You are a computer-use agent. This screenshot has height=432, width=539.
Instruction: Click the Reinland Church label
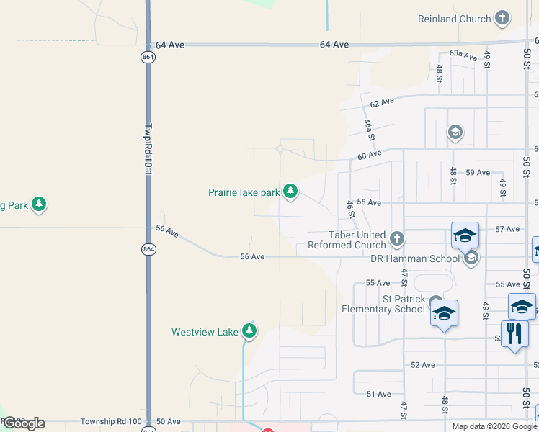(x=454, y=18)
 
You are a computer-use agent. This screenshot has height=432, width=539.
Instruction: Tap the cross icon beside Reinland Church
(x=502, y=18)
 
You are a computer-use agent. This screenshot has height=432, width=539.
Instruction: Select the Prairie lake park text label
(x=244, y=192)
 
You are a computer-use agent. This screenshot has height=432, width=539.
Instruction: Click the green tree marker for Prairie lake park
(x=290, y=192)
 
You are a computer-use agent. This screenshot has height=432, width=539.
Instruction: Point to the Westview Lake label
(x=205, y=332)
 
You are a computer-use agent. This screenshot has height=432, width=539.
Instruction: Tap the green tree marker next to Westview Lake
(x=249, y=331)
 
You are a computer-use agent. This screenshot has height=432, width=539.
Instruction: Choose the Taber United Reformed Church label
(x=347, y=240)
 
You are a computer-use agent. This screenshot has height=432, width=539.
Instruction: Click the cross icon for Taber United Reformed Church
(x=396, y=238)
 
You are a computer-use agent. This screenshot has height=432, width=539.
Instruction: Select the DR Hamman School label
(x=414, y=259)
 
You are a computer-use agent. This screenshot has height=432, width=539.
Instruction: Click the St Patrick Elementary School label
(x=383, y=304)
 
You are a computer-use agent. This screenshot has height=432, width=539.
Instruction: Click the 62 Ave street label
(x=382, y=102)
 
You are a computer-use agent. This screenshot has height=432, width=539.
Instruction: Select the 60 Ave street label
(x=369, y=155)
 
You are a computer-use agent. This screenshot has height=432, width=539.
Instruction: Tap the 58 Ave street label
(x=369, y=204)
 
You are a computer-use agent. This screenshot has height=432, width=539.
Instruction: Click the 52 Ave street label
(x=423, y=365)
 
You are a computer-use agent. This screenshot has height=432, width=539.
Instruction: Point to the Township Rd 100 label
(x=110, y=421)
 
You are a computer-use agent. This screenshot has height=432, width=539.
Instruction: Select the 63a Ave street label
(x=463, y=55)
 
